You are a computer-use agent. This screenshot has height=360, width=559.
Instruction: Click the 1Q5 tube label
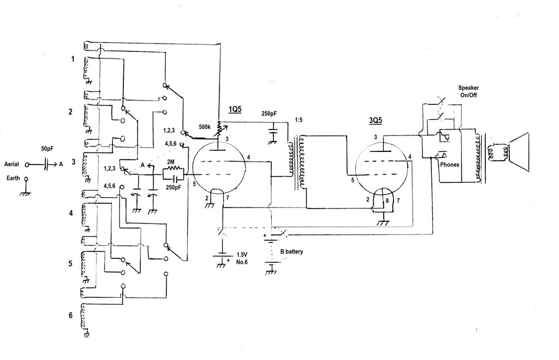point(234,109)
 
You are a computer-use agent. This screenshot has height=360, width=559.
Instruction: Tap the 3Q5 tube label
point(375,121)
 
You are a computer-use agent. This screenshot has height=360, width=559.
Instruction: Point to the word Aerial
point(12,163)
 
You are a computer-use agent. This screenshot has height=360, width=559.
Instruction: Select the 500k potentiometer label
point(205,127)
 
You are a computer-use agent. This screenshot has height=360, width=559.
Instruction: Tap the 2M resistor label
point(171,162)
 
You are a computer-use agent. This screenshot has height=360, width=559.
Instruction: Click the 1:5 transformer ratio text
point(299,120)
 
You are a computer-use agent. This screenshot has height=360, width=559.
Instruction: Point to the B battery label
point(292,252)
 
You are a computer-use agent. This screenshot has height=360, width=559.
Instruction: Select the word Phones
point(449,164)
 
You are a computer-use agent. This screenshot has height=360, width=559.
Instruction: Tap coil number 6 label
point(70,316)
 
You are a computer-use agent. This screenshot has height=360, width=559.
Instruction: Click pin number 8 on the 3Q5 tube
point(387,200)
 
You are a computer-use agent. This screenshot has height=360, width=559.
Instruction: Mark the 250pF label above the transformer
point(269,114)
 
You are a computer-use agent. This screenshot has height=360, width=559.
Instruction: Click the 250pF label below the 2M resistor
point(174,187)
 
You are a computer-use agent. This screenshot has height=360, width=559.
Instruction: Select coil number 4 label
point(70,213)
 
